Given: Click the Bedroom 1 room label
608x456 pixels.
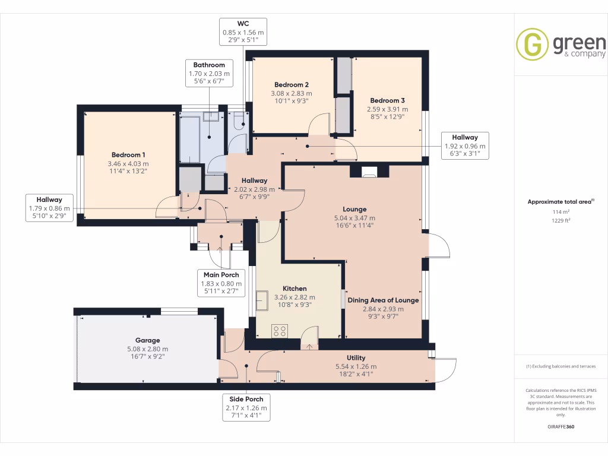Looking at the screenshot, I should coord(128,155).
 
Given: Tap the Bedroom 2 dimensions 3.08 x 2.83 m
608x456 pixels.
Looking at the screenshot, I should coord(292,93).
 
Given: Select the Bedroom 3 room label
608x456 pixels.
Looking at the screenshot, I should coord(388,100).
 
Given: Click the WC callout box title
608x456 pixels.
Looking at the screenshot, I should coord(243,24).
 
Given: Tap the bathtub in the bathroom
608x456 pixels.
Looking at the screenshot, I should coord(190,138).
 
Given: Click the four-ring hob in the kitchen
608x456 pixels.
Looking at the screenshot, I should coord(280,331).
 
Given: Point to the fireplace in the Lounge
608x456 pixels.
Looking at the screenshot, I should coord(369,173).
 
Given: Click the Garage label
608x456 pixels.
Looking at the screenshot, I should coord(147,341).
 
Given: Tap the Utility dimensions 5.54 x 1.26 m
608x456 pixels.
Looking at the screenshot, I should coord(356,366).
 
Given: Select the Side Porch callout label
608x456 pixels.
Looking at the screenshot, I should coord(246,399).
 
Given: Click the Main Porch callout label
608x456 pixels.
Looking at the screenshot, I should coord(220,275).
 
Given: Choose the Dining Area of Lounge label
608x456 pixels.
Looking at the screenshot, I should coord(383,300).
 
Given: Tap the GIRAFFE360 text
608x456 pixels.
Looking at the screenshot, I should coord(561,427).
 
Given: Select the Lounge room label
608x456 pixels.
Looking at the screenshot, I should coord(354,209).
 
